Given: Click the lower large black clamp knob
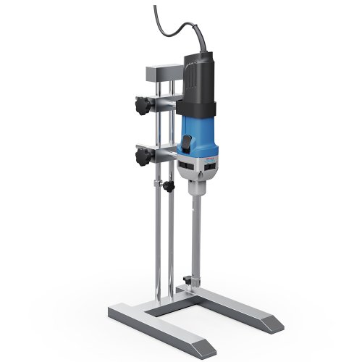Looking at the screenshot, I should pos(139,156).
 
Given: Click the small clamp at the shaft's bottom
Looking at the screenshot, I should pos(190,279).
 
